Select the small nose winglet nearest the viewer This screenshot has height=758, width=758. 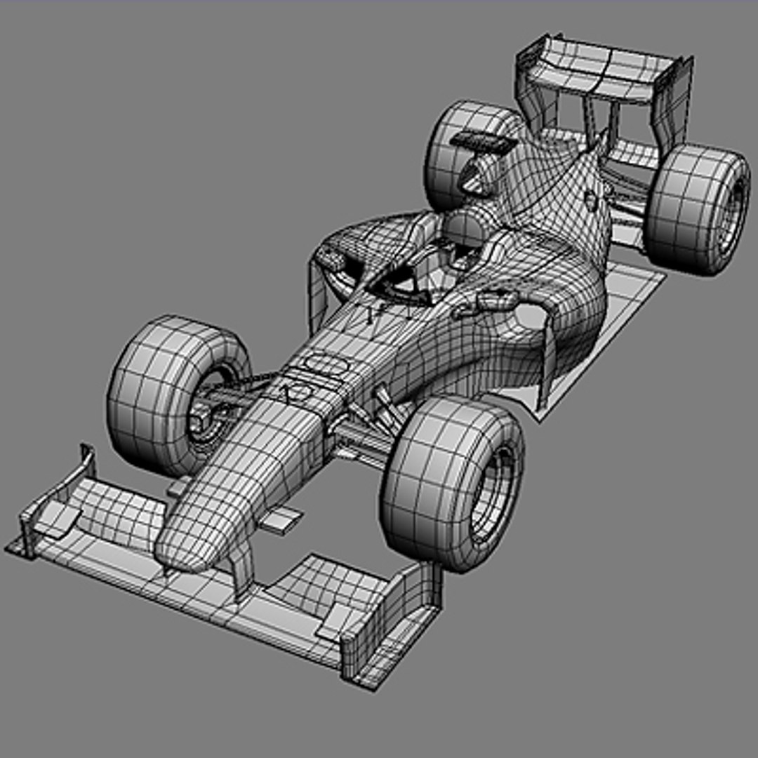click(x=284, y=520)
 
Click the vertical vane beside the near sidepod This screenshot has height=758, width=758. click(x=547, y=365)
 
